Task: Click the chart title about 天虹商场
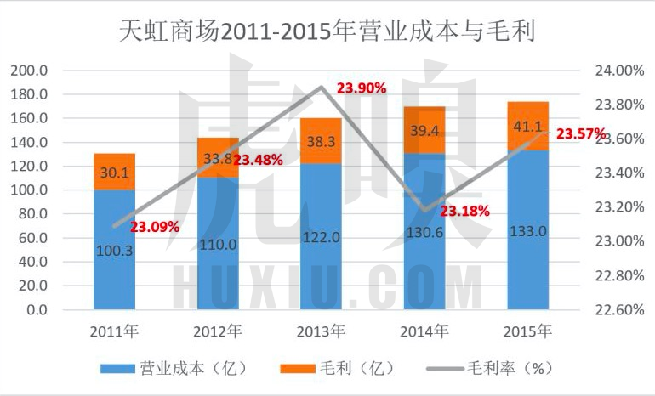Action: click(327, 33)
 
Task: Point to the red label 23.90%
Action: click(362, 88)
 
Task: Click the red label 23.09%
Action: click(154, 227)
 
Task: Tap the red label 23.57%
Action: click(581, 134)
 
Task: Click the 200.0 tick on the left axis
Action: click(31, 71)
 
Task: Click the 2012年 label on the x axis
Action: click(219, 330)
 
